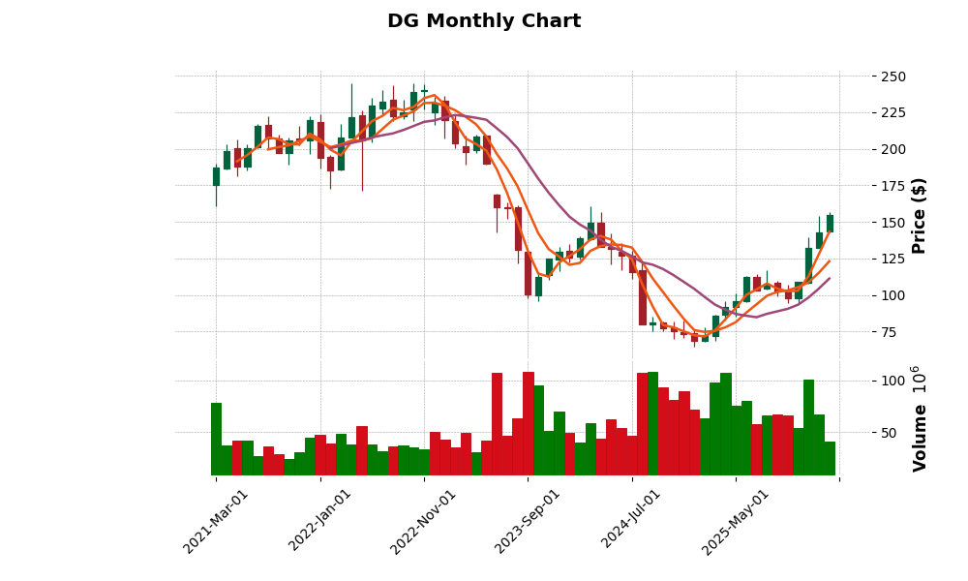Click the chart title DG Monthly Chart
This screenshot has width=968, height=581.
(484, 21)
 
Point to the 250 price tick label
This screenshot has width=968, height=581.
(893, 76)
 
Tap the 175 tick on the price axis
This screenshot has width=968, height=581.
(893, 186)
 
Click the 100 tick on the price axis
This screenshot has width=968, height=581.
(893, 295)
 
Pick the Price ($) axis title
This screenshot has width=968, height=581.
(920, 215)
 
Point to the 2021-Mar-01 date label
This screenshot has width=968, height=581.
(217, 521)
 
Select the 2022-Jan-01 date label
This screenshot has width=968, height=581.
(320, 521)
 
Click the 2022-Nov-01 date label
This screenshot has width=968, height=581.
(424, 521)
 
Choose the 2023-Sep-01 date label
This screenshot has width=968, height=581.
(529, 521)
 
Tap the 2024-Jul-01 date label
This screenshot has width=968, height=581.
(632, 521)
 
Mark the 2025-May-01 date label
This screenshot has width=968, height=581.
(736, 521)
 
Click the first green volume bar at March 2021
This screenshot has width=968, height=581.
(216, 439)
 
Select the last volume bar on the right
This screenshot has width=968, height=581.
(830, 458)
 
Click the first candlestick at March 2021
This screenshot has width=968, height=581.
(216, 176)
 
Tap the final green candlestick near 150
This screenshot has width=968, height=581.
(830, 223)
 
